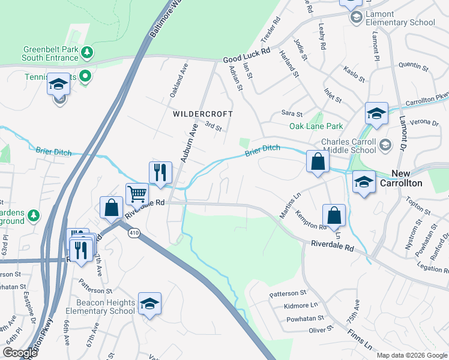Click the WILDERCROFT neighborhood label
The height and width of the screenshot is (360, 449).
[202, 113]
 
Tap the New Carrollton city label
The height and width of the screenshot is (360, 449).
[416, 178]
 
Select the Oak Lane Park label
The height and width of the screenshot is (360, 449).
[316, 126]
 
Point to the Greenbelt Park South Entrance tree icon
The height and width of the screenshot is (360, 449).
[88, 53]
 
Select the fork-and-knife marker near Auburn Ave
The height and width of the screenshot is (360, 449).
[160, 172]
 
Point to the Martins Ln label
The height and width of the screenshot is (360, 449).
[290, 204]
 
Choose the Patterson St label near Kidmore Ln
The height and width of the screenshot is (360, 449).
[288, 293]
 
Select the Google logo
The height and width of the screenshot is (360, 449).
[20, 353]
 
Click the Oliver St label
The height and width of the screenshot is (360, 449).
[321, 329]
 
